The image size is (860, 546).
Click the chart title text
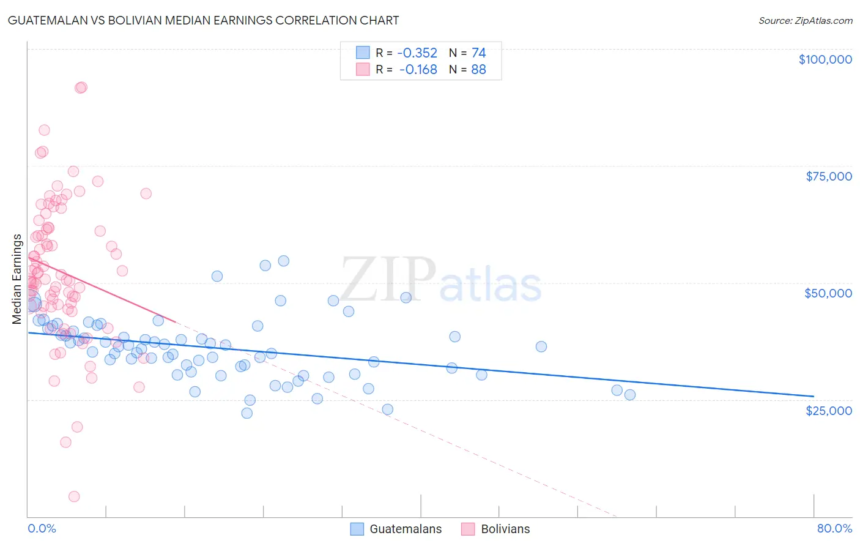(203, 21)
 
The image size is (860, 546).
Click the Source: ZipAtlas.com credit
(805, 21)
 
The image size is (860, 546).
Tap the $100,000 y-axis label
(825, 59)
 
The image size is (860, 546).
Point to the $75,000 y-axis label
(829, 176)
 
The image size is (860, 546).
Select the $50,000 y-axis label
(828, 293)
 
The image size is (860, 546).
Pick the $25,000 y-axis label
(829, 410)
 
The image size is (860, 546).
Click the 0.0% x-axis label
(42, 528)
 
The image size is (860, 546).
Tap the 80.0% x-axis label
(834, 528)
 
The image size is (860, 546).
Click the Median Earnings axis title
(17, 279)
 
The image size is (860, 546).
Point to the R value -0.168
(418, 70)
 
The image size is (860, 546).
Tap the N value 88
(478, 70)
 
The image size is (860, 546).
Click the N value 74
(478, 53)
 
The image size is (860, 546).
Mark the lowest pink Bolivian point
(74, 496)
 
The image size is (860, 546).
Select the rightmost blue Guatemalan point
(630, 395)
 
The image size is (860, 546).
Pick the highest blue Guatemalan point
(284, 261)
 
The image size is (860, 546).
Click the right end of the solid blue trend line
(814, 396)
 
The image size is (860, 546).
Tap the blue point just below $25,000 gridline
(247, 413)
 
